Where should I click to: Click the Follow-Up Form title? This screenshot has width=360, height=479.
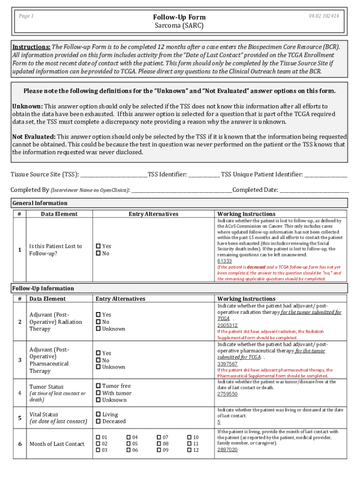coord(180,17)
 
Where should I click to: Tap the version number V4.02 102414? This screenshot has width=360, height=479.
coord(324,16)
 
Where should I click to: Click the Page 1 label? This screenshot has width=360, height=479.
coord(26,16)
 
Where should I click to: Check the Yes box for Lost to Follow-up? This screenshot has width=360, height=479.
coord(99,246)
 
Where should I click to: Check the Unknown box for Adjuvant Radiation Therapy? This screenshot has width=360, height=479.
coord(99,329)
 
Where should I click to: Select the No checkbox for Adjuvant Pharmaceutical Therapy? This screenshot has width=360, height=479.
coord(99,360)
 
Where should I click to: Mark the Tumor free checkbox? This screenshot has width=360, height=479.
coord(99,386)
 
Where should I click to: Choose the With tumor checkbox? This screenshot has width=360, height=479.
coord(99,393)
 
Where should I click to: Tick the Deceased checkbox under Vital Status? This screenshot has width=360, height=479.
coord(99,421)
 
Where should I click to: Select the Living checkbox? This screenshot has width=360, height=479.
coord(99,414)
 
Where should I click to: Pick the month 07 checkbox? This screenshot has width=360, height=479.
coord(159,437)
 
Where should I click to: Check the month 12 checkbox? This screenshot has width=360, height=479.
coord(189,450)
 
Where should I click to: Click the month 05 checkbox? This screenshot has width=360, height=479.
coord(129,443)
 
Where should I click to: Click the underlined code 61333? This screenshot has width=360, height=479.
coord(224,261)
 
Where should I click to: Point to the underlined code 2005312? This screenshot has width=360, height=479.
coord(227,325)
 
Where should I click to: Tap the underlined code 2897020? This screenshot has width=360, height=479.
coord(227,450)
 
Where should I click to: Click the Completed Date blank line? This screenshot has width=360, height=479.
coord(314,190)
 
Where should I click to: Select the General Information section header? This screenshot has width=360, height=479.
coord(40,203)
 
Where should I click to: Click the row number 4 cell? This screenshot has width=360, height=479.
coord(20,393)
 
